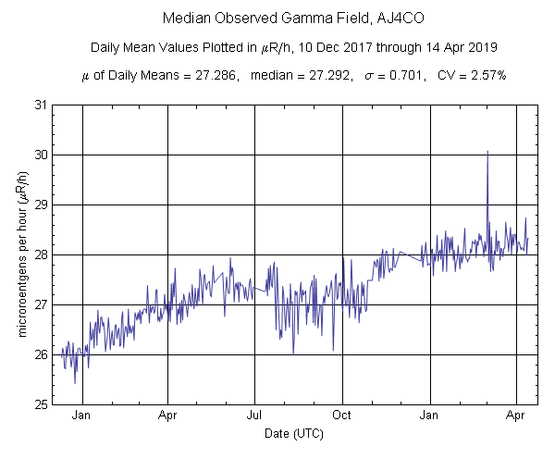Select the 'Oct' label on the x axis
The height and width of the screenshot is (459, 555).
342,416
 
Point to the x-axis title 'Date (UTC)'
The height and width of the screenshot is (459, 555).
295,433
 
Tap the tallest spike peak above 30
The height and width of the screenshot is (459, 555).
487,151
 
